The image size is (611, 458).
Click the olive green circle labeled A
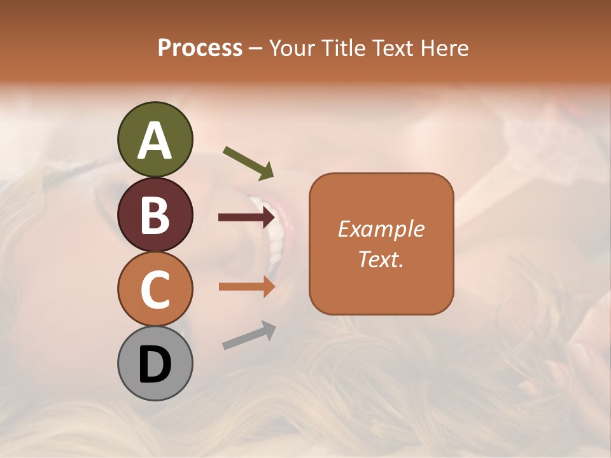point(155,139)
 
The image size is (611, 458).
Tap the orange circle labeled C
point(155,289)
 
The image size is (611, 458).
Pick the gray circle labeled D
point(155,363)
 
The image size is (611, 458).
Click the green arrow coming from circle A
point(248,162)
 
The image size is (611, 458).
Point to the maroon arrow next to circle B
point(246,218)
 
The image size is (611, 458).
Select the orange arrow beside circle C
point(246,286)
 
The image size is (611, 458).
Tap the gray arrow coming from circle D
point(249,335)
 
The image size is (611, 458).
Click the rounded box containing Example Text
point(381,244)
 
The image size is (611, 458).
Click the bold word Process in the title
point(200,48)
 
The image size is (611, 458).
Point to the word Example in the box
point(381,229)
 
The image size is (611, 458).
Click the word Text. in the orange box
point(381,259)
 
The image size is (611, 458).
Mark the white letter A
point(155,141)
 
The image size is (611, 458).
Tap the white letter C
point(155,289)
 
